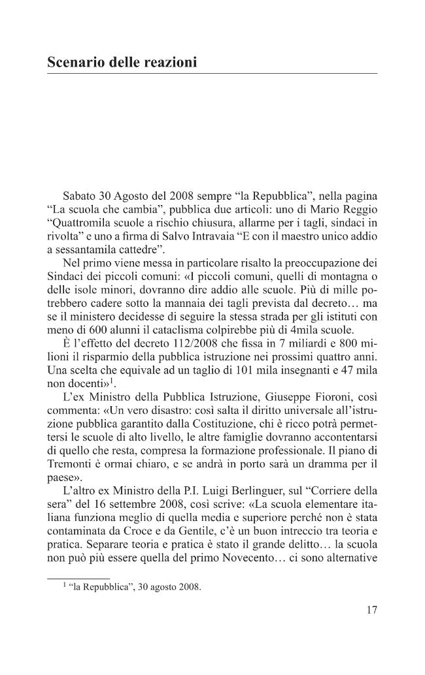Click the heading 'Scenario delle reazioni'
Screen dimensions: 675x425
tap(122, 63)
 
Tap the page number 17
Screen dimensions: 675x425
tap(371, 611)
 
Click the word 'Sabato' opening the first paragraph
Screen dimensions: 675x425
tap(80, 196)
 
